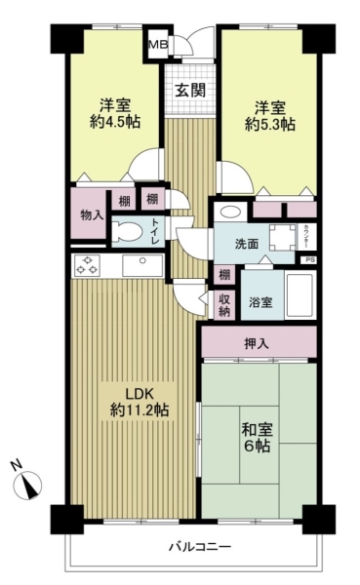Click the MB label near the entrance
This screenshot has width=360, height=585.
coord(157,43)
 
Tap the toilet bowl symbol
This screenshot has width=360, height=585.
coord(125,230)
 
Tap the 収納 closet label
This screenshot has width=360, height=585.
coord(224,305)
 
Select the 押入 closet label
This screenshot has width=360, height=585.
coord(258,342)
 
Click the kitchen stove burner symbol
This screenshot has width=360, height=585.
coord(87,265)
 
